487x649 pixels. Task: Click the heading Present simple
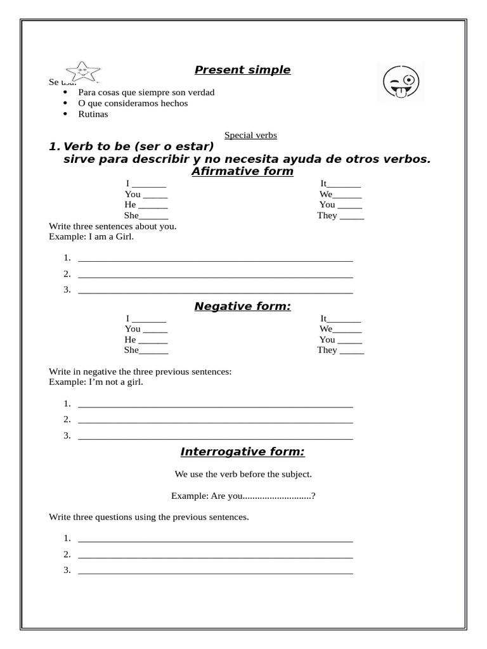tap(242, 70)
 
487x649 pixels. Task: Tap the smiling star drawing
tap(82, 72)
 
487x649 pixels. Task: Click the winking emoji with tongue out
tap(401, 82)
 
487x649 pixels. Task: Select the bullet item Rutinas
tap(93, 114)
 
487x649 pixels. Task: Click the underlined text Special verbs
tap(250, 135)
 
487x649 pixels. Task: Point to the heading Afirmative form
tap(242, 171)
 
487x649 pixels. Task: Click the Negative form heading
tap(242, 307)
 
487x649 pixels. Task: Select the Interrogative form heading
tap(242, 452)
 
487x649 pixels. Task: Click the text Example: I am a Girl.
tap(91, 236)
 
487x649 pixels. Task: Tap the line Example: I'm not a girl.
tap(96, 382)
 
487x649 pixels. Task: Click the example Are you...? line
tap(243, 496)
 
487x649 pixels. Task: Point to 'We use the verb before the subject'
tap(243, 474)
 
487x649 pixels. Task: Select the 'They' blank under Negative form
tap(352, 350)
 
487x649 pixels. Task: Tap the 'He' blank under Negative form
tap(153, 340)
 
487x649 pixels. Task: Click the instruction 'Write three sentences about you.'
tap(113, 226)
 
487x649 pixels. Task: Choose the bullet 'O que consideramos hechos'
tap(133, 103)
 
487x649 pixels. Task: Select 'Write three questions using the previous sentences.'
tap(149, 517)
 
